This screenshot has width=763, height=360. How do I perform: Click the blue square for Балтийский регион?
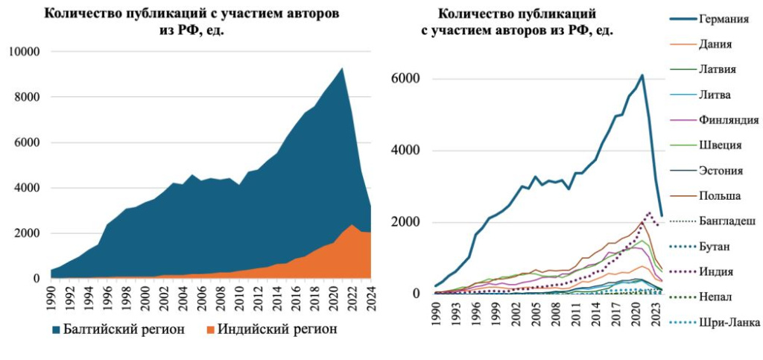click(57, 329)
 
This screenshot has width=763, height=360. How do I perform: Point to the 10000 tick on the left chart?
click(28, 51)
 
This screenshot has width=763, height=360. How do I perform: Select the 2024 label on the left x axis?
click(370, 293)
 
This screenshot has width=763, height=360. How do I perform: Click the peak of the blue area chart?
click(341, 68)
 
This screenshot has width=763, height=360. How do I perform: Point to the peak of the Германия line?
click(642, 75)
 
